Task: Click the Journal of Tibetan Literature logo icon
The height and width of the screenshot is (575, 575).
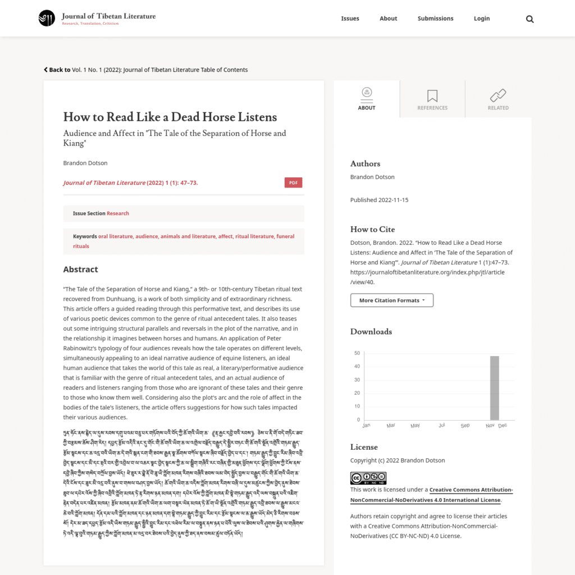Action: (x=47, y=18)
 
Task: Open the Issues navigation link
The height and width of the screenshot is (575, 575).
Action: (x=350, y=19)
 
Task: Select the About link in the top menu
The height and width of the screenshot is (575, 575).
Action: (x=388, y=19)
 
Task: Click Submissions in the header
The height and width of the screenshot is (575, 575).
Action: (x=435, y=19)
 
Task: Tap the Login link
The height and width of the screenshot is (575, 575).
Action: (x=481, y=19)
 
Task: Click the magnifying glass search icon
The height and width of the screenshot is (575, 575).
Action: (x=530, y=19)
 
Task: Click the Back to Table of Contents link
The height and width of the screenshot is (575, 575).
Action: (x=146, y=70)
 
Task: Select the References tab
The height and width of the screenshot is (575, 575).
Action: (x=432, y=99)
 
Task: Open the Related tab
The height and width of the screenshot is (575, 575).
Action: (x=498, y=99)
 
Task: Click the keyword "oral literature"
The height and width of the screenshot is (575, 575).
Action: (x=116, y=236)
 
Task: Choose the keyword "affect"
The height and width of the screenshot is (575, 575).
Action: (x=225, y=236)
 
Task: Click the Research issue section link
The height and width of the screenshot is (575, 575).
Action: (x=118, y=213)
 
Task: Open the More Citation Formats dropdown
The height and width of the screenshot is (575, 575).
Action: (x=391, y=300)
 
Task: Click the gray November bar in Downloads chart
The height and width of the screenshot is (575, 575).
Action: (x=494, y=387)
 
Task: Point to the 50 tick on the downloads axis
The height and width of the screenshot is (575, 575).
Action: (x=357, y=353)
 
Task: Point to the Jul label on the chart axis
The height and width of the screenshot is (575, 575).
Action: (x=442, y=426)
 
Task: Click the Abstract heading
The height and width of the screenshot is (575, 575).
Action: (x=80, y=270)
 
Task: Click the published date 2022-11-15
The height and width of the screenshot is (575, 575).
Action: (x=393, y=200)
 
